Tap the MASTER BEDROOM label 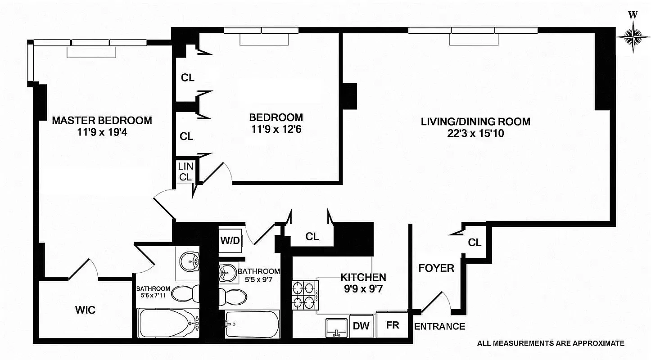click(x=102, y=121)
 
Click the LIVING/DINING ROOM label click(x=475, y=121)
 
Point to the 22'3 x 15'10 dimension click(x=475, y=133)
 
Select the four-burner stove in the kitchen click(x=305, y=295)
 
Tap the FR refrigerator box click(x=392, y=325)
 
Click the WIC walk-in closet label click(x=85, y=310)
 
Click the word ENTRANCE click(x=439, y=327)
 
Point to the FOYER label click(x=436, y=269)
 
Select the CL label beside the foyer click(x=475, y=243)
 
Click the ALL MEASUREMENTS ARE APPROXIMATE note click(x=551, y=343)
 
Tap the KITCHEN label click(x=363, y=277)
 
